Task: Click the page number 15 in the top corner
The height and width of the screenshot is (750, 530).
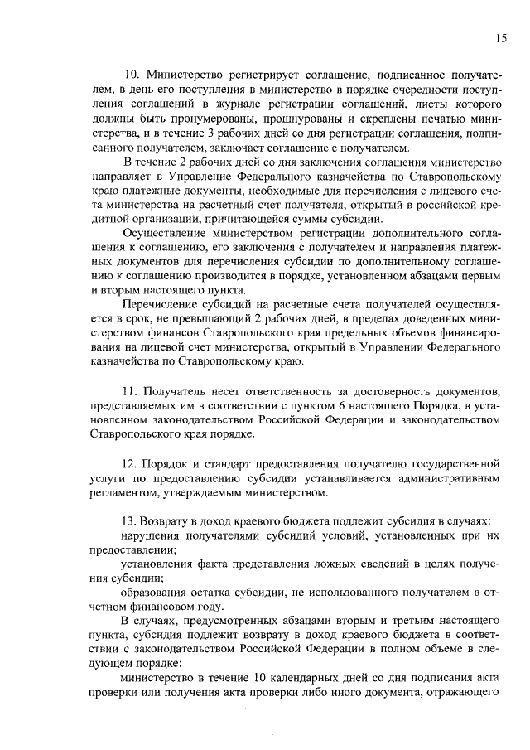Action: [502, 37]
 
